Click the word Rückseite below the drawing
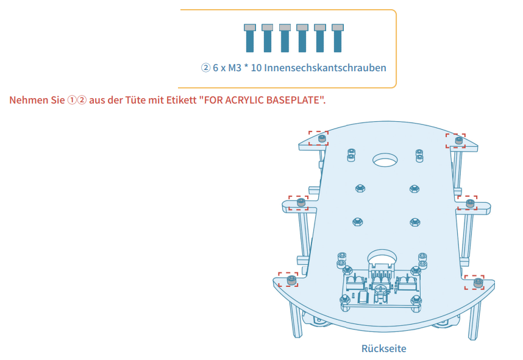pyautogui.click(x=383, y=349)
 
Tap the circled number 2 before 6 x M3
pyautogui.click(x=205, y=68)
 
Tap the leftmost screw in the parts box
pyautogui.click(x=249, y=38)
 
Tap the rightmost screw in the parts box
pyautogui.click(x=338, y=38)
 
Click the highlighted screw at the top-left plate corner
pyautogui.click(x=321, y=138)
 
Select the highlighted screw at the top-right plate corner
pyautogui.click(x=458, y=141)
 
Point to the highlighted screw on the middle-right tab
pyautogui.click(x=469, y=202)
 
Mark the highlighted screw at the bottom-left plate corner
pyautogui.click(x=291, y=280)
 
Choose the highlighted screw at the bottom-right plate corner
pyautogui.click(x=477, y=283)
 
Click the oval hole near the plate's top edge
pyautogui.click(x=385, y=160)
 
